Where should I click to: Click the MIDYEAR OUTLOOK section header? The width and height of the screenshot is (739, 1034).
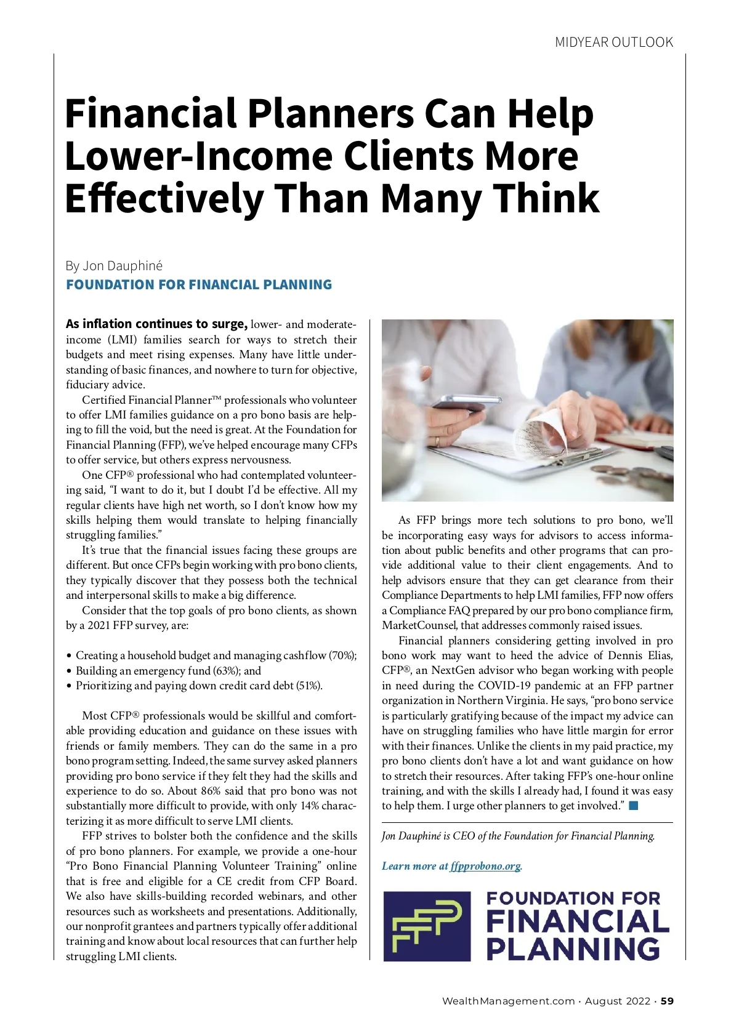point(614,42)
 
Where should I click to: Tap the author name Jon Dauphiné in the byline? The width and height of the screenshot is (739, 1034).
point(123,265)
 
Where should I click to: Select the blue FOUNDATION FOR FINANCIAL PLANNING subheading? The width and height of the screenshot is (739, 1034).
point(199,284)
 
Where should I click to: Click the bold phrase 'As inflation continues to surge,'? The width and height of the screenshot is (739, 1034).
point(156,324)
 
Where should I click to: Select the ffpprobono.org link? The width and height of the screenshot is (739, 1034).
point(485,866)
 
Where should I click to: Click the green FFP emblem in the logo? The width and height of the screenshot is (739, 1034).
point(427,926)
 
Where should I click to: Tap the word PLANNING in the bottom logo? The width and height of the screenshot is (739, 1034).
point(573,948)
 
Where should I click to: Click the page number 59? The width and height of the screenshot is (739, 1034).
point(667,1001)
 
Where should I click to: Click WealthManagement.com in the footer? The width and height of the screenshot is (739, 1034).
point(508,1001)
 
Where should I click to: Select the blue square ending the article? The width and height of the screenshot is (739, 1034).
point(634,806)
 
